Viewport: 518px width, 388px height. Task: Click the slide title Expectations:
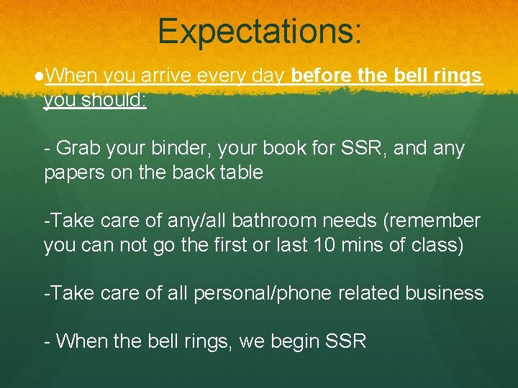click(260, 31)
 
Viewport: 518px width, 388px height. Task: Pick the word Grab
click(79, 149)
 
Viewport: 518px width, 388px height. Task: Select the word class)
click(438, 245)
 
